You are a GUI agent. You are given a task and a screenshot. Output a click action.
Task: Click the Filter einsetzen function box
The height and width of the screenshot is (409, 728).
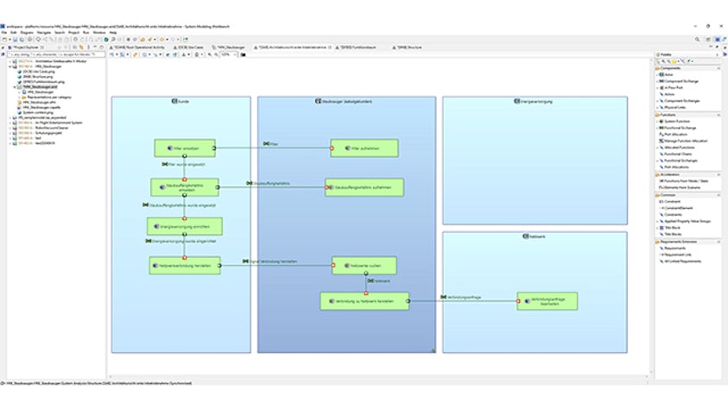click(x=182, y=148)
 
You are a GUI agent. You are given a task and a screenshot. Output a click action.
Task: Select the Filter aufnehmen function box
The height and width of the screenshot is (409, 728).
click(x=364, y=148)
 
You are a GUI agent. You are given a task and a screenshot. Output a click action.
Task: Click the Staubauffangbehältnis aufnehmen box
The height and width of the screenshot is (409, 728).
click(x=364, y=186)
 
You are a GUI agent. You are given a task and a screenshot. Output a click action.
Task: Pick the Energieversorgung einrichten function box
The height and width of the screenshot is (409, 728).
click(x=183, y=226)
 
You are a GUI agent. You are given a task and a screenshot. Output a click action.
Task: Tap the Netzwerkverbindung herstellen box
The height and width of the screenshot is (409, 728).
click(x=183, y=266)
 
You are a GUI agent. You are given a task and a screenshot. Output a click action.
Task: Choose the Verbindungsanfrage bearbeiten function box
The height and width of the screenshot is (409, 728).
click(x=546, y=301)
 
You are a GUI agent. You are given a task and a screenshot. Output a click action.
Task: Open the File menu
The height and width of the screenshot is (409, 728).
click(x=4, y=32)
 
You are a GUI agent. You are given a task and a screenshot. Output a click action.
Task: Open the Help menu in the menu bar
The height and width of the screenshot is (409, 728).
click(x=100, y=32)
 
